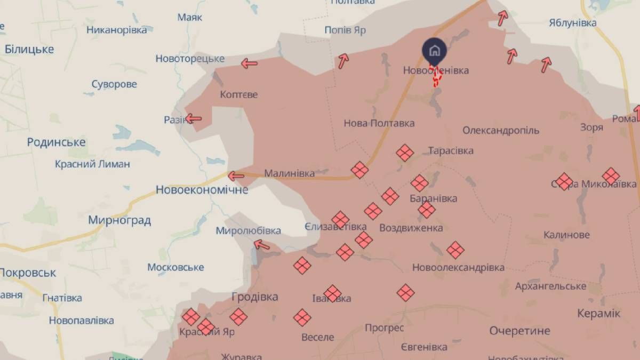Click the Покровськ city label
(28, 273)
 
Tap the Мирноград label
(119, 220)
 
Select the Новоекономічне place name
(202, 189)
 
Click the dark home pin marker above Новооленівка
(435, 51)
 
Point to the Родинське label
(56, 142)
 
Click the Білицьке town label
(29, 49)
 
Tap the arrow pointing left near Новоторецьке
(249, 63)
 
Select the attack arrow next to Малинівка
(236, 175)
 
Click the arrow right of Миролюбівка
(261, 245)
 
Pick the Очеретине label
(519, 331)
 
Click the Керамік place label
(599, 313)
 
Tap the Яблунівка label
(572, 23)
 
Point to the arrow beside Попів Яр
(342, 60)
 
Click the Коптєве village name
(238, 94)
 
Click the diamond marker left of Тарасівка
(405, 154)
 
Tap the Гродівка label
(255, 297)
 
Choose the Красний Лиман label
(92, 164)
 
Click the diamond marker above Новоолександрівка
(455, 250)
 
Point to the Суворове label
(114, 84)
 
